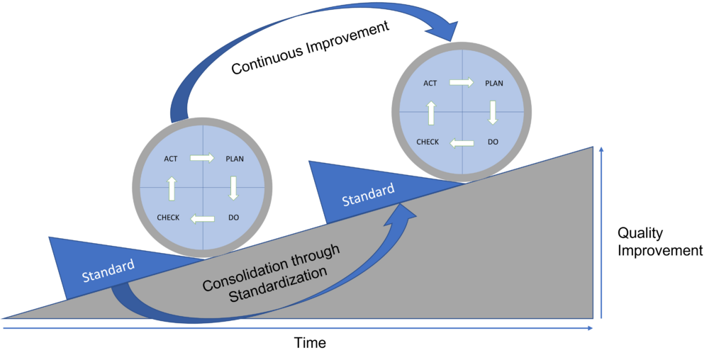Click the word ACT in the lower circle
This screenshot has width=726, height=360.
click(x=171, y=159)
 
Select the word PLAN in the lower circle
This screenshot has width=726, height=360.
click(x=235, y=159)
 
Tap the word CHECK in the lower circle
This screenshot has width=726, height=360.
click(x=168, y=218)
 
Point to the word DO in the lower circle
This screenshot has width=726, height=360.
click(x=234, y=218)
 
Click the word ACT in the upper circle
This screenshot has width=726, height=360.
click(x=430, y=83)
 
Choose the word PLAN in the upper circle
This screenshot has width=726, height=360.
click(x=494, y=83)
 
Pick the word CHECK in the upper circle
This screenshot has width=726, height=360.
click(x=428, y=142)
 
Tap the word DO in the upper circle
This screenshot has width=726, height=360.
click(x=493, y=142)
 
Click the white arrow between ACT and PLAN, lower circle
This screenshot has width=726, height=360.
click(x=202, y=158)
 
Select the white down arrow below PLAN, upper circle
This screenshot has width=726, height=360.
click(x=493, y=112)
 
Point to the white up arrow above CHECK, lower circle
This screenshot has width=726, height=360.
click(x=171, y=188)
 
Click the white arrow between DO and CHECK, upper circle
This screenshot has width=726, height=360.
click(x=462, y=143)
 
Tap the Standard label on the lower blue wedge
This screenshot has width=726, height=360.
click(x=108, y=271)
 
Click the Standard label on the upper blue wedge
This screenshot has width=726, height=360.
click(x=368, y=196)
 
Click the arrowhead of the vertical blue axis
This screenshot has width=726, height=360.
click(x=601, y=150)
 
